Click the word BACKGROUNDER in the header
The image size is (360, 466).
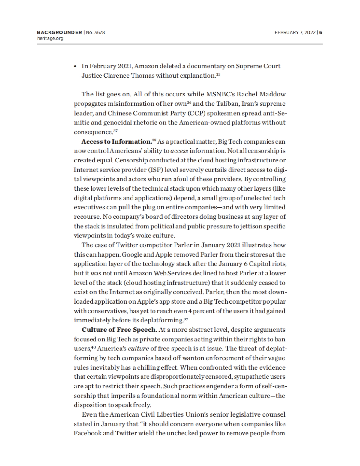[59, 32]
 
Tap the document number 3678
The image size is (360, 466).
[99, 32]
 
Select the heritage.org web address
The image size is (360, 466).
[50, 38]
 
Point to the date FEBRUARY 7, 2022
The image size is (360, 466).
[295, 32]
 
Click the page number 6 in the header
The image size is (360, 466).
[321, 32]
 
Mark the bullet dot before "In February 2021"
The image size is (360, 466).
[76, 66]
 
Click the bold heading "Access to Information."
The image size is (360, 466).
[116, 141]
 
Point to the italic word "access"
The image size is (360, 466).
[179, 151]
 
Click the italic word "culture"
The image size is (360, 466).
[138, 349]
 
